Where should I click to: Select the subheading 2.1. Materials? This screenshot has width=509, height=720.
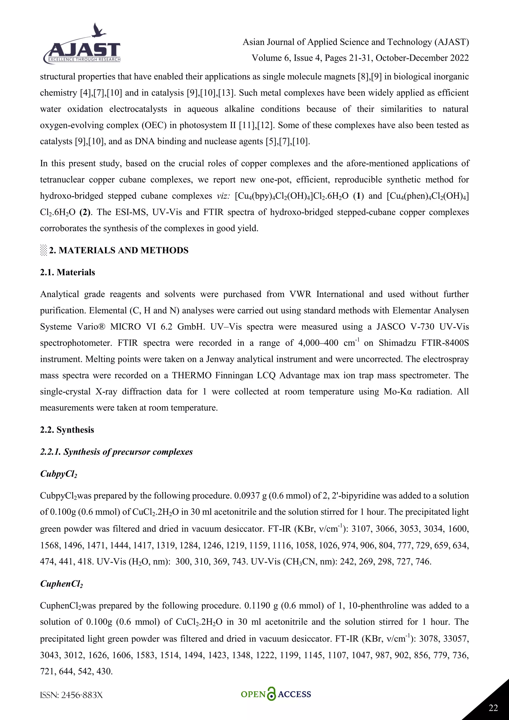(67, 272)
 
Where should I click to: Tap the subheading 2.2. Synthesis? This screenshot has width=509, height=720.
(67, 430)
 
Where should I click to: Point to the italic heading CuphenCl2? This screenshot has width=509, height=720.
(61, 584)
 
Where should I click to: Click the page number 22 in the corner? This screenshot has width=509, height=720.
(493, 708)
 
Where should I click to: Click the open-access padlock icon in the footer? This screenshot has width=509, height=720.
(271, 694)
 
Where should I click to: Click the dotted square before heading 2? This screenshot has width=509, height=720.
(43, 250)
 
